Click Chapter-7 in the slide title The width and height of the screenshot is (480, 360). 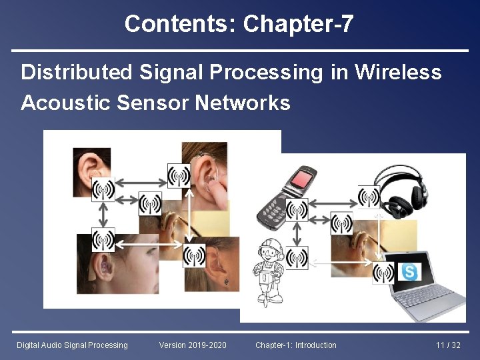click(298, 24)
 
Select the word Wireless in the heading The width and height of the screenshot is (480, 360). click(398, 72)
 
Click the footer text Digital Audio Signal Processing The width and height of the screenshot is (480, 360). click(72, 345)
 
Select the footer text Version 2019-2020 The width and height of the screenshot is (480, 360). click(193, 345)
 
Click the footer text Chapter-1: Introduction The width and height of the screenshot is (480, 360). click(296, 345)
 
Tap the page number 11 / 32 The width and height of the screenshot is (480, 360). click(448, 345)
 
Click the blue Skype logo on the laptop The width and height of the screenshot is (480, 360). click(409, 271)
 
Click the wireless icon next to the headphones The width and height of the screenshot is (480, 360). click(368, 197)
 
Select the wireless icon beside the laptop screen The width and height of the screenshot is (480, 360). click(383, 272)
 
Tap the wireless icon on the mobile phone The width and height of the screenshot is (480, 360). click(297, 210)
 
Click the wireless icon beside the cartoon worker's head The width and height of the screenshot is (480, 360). click(297, 257)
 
